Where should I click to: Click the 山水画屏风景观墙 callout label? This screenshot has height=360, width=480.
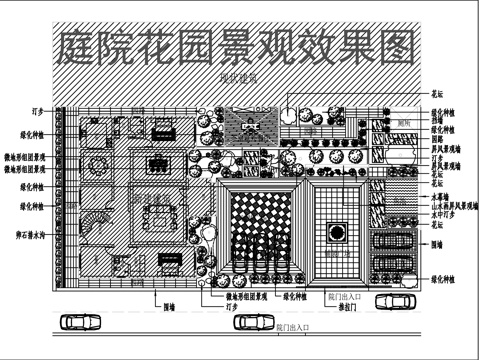coord(453,206)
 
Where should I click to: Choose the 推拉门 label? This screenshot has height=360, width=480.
coord(340,306)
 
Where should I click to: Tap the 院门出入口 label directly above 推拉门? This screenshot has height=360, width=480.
coord(340,297)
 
